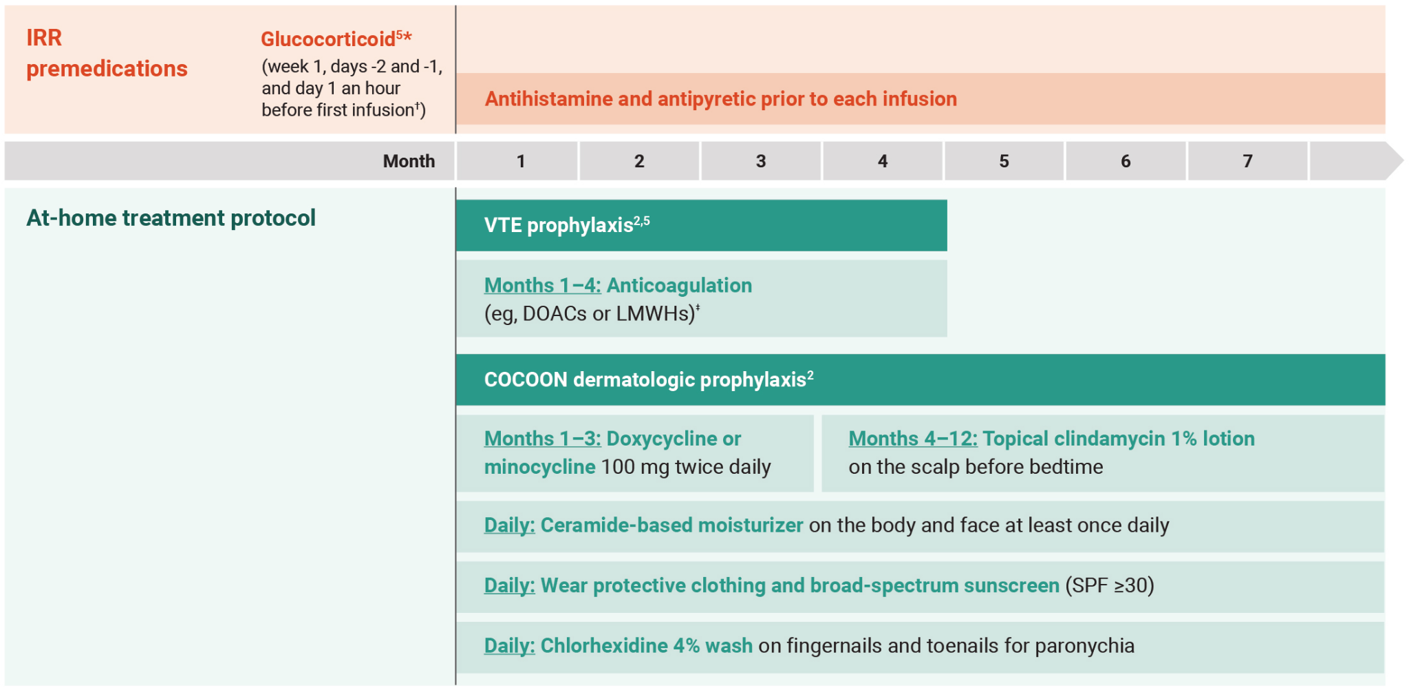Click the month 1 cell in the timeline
[520, 161]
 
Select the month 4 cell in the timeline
[883, 161]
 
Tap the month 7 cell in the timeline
[1247, 161]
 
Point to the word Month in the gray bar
[409, 161]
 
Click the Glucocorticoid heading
[328, 39]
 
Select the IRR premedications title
[106, 53]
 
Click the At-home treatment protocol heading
[171, 218]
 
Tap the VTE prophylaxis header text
[558, 226]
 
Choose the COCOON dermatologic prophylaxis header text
[645, 379]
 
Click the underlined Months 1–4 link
[542, 285]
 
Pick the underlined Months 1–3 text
[542, 439]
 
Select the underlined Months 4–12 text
[912, 439]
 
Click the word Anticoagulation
[679, 285]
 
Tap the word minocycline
[539, 467]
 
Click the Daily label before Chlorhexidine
[509, 646]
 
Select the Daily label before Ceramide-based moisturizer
[509, 525]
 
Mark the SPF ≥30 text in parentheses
[1109, 585]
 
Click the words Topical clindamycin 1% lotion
[1118, 439]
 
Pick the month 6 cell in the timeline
[1126, 161]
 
